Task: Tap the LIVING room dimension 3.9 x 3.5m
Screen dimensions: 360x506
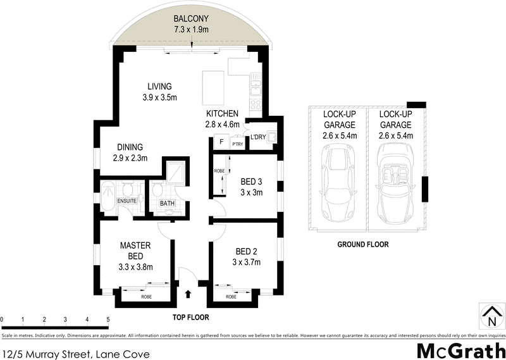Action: click(x=159, y=98)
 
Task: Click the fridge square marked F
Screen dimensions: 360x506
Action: click(x=221, y=142)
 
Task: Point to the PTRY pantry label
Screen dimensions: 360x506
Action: click(x=238, y=144)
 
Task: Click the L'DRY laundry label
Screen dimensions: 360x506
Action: click(x=257, y=137)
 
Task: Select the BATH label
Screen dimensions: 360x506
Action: click(x=167, y=203)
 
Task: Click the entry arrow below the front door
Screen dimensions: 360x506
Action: click(x=188, y=294)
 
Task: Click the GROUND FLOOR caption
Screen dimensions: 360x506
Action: click(x=363, y=244)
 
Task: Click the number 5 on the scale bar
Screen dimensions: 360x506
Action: click(x=109, y=320)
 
